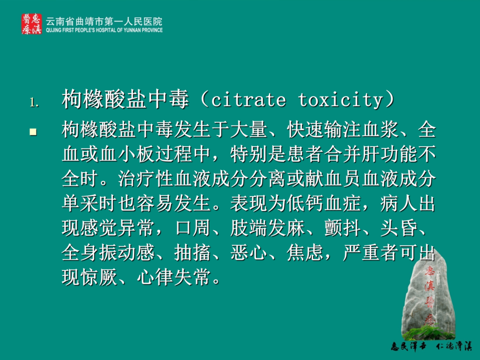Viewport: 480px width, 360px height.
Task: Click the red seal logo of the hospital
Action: tap(31, 23)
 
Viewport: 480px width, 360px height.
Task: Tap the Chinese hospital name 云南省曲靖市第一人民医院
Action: tap(104, 21)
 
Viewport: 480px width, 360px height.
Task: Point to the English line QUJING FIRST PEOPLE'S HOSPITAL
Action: tap(104, 30)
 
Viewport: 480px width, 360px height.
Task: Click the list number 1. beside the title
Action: tap(34, 102)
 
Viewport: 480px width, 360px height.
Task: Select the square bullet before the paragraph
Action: tap(33, 132)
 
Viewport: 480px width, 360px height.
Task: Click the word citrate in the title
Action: tap(248, 100)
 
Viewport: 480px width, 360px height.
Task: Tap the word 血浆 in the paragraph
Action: tap(380, 130)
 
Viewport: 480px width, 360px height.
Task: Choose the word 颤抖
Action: tap(343, 228)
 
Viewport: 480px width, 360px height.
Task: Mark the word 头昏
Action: tap(399, 228)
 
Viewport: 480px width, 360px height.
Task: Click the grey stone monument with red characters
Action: tap(428, 294)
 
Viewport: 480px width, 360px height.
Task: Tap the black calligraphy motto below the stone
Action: tap(431, 346)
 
